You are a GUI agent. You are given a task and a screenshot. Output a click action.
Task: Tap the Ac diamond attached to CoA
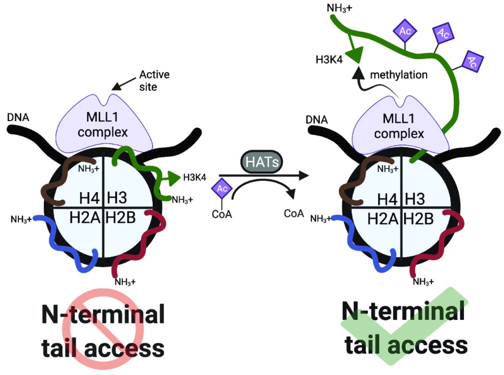(223, 189)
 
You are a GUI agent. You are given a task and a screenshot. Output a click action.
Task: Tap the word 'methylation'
(399, 75)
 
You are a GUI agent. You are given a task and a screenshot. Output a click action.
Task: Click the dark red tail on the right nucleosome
(433, 247)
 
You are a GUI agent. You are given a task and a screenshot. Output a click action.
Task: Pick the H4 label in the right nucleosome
(387, 198)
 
